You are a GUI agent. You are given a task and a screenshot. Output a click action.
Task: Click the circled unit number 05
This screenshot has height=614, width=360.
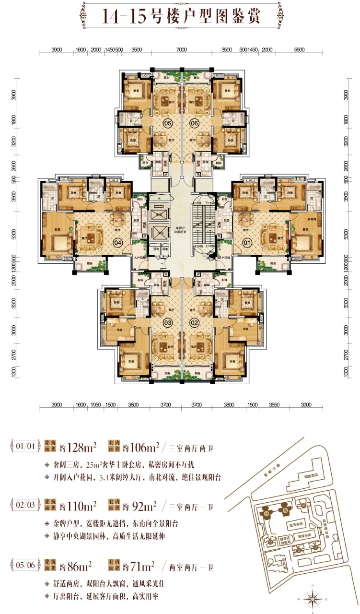coord(168,122)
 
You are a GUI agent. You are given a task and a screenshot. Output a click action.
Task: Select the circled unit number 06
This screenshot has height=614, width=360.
coord(194,122)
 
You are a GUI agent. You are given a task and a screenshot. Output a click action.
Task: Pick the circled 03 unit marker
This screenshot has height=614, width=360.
coord(168,323)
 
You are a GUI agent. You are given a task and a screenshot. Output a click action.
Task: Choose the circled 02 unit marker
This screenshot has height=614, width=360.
coord(194,323)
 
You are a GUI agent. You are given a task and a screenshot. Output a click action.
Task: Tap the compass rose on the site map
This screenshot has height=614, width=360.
coord(313,599)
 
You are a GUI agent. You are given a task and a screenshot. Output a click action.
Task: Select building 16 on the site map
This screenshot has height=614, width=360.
coord(304,505)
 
